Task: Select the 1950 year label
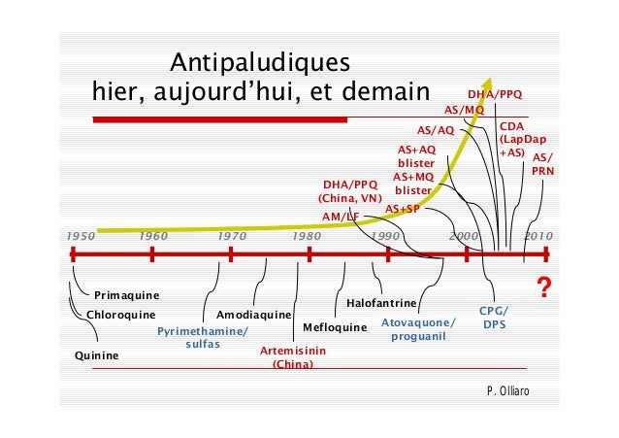click(80, 236)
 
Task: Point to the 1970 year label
click(231, 236)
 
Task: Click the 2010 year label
click(538, 236)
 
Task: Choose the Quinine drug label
click(97, 355)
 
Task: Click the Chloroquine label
click(121, 315)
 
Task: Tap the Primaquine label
click(127, 294)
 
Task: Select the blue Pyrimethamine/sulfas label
click(203, 337)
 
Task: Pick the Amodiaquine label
click(253, 316)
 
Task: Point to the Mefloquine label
click(336, 327)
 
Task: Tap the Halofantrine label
click(381, 304)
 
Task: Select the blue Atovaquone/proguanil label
click(418, 328)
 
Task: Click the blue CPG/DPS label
click(495, 317)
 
